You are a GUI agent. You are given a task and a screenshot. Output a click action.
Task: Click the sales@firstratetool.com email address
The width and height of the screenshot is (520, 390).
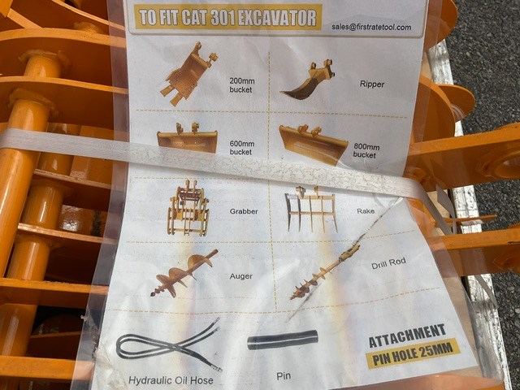click(371, 27)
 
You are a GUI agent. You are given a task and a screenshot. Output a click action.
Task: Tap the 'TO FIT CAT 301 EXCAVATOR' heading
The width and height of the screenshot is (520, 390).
click(227, 17)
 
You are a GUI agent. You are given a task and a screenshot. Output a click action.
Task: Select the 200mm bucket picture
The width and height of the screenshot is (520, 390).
click(188, 73)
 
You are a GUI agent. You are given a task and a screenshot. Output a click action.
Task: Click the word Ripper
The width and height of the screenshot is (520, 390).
click(372, 84)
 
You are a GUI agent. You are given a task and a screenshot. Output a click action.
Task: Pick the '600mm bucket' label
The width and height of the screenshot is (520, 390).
click(242, 148)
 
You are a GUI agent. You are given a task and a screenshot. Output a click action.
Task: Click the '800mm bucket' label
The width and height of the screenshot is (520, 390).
click(366, 150)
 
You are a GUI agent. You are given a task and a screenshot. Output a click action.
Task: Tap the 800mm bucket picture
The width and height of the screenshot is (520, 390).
click(313, 145)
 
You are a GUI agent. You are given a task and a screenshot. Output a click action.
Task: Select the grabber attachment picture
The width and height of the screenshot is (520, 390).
click(188, 208)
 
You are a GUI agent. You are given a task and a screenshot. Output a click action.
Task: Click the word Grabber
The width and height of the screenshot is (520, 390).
click(244, 211)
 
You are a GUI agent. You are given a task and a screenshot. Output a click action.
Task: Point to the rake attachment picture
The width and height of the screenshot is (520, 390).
click(311, 209)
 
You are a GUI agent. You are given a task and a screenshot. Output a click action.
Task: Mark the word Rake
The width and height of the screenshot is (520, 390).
click(366, 211)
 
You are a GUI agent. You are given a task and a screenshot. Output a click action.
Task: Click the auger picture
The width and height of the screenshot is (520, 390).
click(184, 273)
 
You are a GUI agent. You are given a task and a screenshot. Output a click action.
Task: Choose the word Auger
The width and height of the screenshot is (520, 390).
click(241, 276)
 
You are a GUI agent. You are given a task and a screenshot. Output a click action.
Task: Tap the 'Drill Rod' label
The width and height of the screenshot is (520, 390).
click(388, 263)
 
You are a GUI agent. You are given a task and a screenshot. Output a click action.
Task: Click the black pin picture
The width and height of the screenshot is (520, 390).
click(283, 340)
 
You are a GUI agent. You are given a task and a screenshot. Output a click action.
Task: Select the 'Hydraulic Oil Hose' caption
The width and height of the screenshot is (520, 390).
click(171, 380)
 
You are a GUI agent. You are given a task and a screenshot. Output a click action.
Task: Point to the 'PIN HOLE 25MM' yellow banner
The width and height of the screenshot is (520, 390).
click(413, 353)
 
